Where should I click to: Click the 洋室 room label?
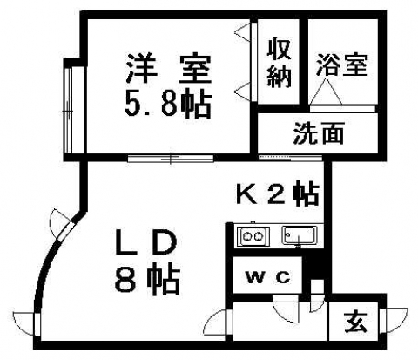pyautogui.click(x=168, y=69)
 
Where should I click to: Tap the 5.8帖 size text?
pyautogui.click(x=168, y=105)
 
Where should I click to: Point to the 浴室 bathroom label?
pyautogui.click(x=342, y=65)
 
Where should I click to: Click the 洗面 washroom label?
pyautogui.click(x=319, y=133)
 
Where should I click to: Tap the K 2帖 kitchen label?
pyautogui.click(x=278, y=194)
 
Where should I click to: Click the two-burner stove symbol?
pyautogui.click(x=253, y=235)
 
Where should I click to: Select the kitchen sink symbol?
pyautogui.click(x=299, y=234)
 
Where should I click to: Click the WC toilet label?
pyautogui.click(x=267, y=277)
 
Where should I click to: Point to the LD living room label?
pyautogui.click(x=146, y=243)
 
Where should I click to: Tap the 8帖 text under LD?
pyautogui.click(x=147, y=279)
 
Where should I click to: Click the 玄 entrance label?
pyautogui.click(x=356, y=322)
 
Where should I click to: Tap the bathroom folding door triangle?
pyautogui.click(x=326, y=91)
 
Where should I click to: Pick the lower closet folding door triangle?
pyautogui.click(x=243, y=91)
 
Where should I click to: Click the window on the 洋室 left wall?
pyautogui.click(x=69, y=110)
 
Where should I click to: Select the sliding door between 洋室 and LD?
pyautogui.click(x=171, y=159)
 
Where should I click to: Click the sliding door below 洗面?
pyautogui.click(x=290, y=158)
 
